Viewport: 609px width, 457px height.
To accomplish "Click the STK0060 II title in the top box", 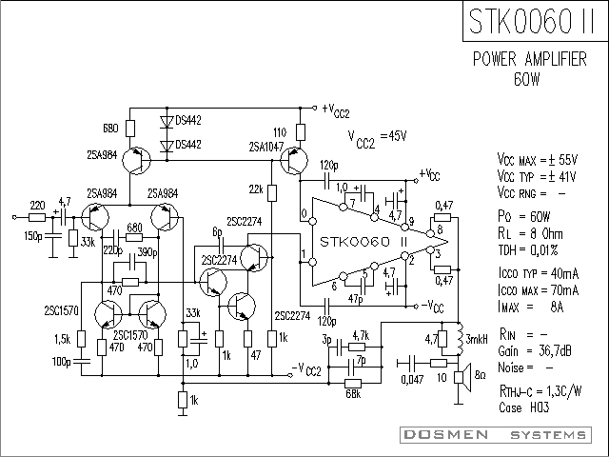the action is [532, 21].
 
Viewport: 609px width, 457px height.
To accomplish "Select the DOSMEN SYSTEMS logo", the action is [496, 435].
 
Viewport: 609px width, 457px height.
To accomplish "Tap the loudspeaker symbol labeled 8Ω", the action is [462, 376].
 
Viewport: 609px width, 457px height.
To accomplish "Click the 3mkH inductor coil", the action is [460, 339].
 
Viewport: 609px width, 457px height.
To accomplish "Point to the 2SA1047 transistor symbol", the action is [294, 161].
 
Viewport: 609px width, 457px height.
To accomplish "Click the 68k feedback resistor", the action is [353, 384].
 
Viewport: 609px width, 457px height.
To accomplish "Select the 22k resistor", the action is [272, 193].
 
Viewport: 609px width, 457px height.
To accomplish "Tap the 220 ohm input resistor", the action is [37, 217].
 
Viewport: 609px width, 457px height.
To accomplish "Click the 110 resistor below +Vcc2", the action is [301, 132].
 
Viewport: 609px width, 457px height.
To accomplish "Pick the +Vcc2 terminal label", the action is [336, 110].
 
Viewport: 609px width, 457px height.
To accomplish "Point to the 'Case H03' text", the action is [524, 407].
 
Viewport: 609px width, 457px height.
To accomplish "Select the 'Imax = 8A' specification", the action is [530, 307].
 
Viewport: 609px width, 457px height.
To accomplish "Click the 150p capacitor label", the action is [33, 236].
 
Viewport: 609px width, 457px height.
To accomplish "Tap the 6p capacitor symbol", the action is [222, 246].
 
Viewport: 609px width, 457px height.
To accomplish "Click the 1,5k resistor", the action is [81, 339].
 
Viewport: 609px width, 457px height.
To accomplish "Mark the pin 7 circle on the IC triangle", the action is [344, 207].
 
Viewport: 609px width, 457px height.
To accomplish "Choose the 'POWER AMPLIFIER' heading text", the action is [529, 59].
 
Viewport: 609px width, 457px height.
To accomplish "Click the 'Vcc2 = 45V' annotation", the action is [377, 139].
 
